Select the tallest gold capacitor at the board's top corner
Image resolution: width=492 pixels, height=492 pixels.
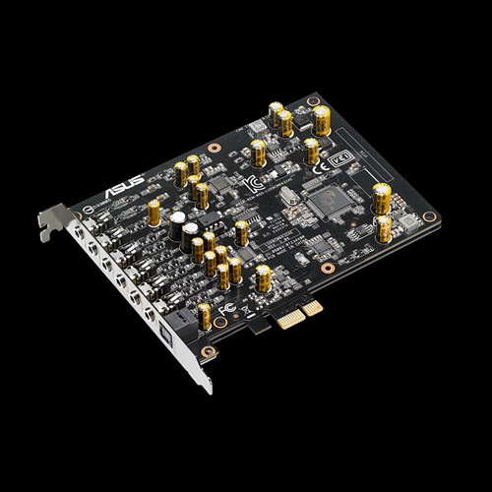(x=323, y=119)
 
